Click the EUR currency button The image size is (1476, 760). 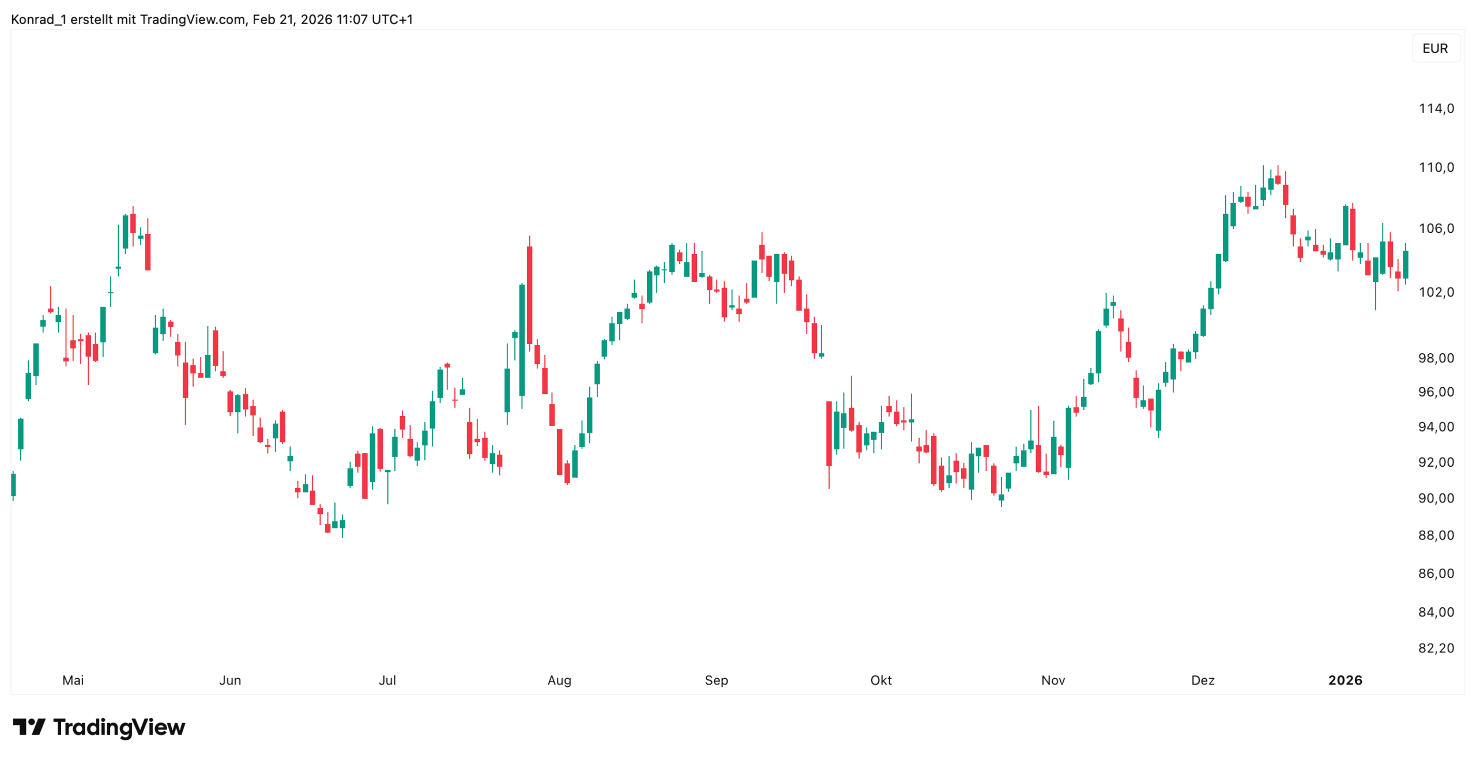point(1434,48)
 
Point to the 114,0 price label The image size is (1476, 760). point(1436,108)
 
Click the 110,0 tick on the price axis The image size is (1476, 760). point(1436,167)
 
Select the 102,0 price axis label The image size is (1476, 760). point(1436,292)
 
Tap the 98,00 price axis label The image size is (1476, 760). point(1436,358)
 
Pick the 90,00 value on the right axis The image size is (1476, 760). point(1436,498)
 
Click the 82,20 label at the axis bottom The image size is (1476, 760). point(1436,648)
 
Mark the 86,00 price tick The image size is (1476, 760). point(1436,573)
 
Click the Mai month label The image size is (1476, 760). point(73,680)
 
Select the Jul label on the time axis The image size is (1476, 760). point(387,680)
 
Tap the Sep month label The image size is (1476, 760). point(716,680)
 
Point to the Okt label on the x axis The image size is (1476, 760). point(880,680)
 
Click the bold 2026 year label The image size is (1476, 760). point(1345,680)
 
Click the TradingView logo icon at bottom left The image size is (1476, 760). point(29,727)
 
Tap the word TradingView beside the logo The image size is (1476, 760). point(119,727)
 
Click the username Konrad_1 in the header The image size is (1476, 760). point(38,20)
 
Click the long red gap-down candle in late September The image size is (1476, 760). point(829,433)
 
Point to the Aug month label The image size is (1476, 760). point(559,680)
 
